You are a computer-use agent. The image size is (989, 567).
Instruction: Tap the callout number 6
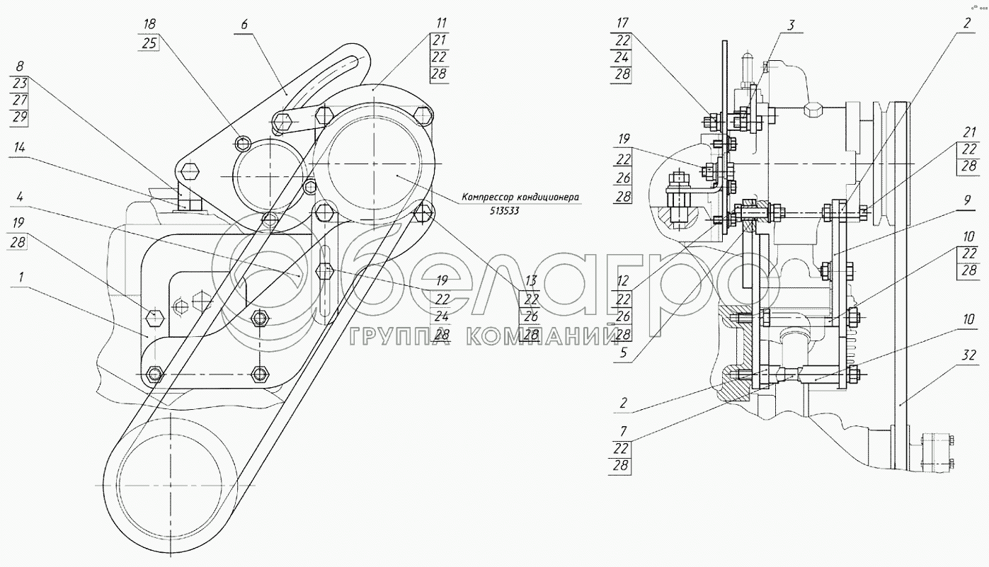coord(244,25)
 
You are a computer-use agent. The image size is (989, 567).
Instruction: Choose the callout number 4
coord(20,195)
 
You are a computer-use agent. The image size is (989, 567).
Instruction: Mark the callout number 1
coord(20,277)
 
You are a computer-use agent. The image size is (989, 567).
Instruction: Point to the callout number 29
coord(18,118)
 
